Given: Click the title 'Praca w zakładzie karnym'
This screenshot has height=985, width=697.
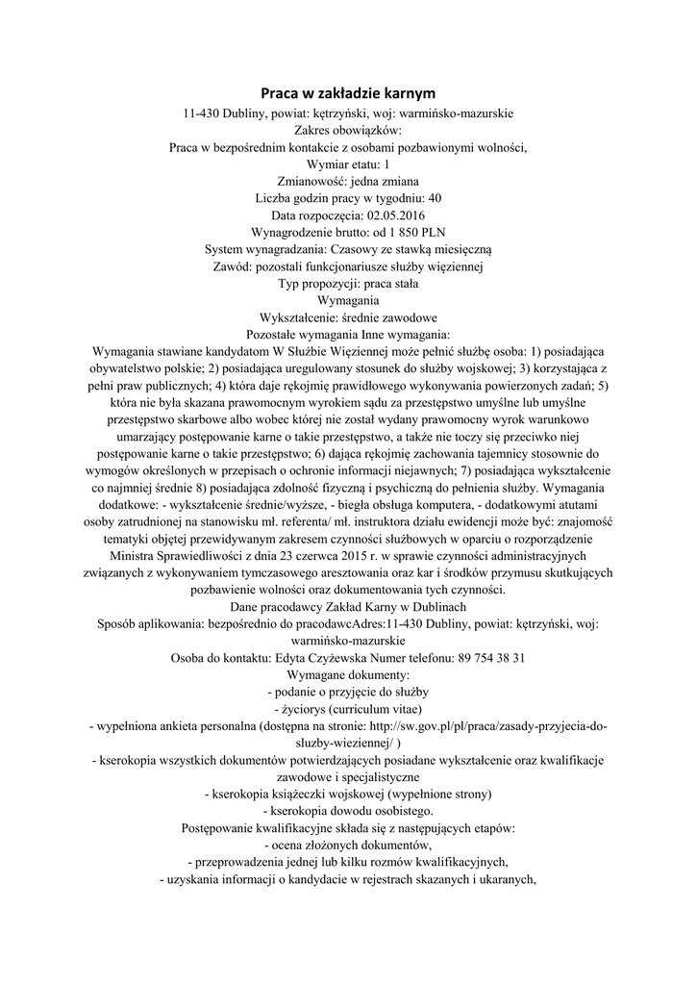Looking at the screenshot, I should pos(349,93).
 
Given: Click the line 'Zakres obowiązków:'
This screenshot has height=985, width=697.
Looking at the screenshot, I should pos(348,129).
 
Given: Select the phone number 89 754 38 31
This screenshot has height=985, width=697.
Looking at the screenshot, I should pos(490,658).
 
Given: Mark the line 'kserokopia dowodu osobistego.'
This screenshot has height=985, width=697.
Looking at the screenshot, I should pos(347,811).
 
